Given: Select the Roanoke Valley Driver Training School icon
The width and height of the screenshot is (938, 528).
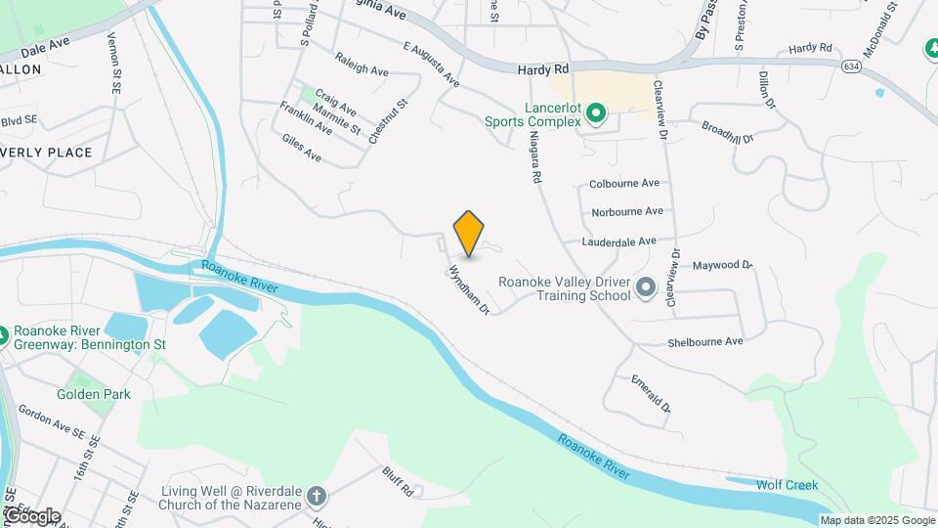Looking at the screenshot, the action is click(645, 287).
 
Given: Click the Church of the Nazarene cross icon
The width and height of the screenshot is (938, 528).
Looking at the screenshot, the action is click(316, 496).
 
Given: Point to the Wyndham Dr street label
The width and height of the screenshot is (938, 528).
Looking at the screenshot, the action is click(469, 290).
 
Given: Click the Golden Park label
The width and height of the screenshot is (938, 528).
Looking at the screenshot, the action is click(93, 394).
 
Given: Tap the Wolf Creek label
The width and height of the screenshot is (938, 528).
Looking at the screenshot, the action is click(786, 485).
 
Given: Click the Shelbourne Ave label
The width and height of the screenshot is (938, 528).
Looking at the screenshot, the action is click(705, 341).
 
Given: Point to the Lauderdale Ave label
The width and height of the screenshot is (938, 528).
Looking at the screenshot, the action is click(618, 241).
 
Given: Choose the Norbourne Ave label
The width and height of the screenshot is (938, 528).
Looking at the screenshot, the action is click(627, 211).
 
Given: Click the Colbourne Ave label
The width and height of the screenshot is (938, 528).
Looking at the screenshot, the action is click(624, 183).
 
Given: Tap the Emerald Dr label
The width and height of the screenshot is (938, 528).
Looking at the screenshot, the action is click(651, 393).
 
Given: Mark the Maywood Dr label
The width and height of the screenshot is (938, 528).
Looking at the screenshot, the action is click(723, 265).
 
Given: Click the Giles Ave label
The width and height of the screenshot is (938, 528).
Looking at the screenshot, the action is click(301, 149).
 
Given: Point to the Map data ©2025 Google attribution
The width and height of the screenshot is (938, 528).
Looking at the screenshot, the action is click(877, 520).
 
